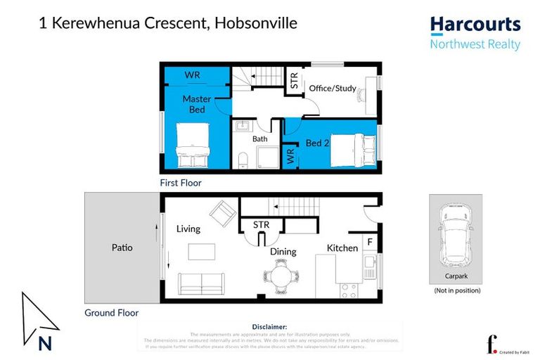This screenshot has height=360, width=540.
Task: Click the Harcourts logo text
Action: tap(475, 25)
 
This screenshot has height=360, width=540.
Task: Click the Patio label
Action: tap(122, 247)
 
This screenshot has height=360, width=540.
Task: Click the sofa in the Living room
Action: tap(202, 283)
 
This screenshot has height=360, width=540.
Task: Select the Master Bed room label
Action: tap(197, 104)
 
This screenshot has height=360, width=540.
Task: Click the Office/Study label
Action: tap(333, 89)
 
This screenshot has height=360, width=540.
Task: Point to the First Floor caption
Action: tap(180, 183)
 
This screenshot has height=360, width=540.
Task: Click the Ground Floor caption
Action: tap(111, 313)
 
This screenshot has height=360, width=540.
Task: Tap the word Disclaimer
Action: tap(269, 327)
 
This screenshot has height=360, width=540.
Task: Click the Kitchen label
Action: tap(342, 248)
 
